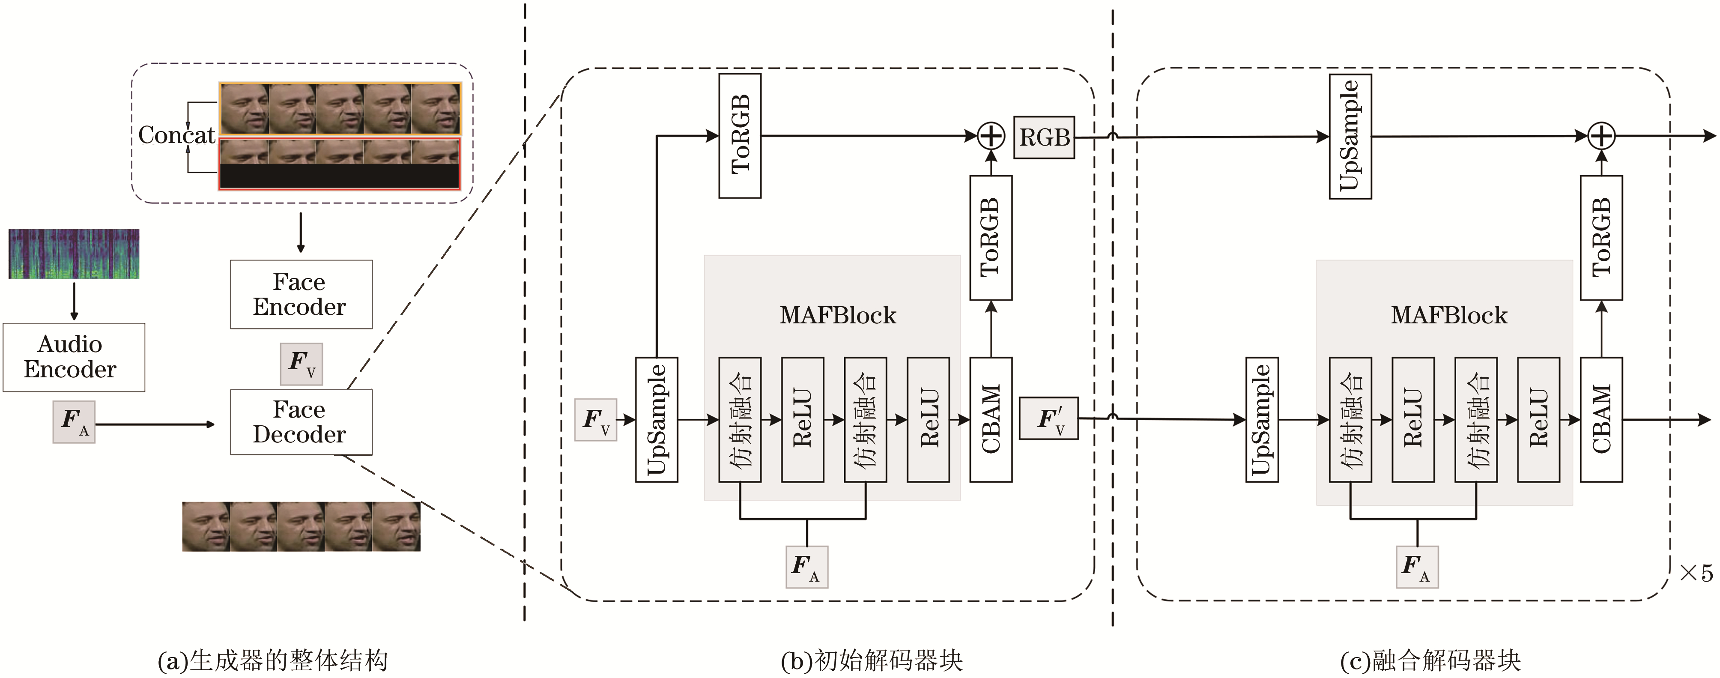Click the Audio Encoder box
click(73, 357)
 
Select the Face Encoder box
click(301, 294)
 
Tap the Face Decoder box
click(301, 421)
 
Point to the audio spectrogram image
click(73, 254)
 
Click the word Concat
click(176, 135)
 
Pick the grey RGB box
click(1044, 137)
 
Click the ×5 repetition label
click(1695, 573)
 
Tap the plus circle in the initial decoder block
click(991, 136)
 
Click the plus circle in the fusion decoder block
click(1601, 136)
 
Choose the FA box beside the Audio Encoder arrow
click(73, 421)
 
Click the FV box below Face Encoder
click(301, 363)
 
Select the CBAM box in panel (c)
click(1601, 419)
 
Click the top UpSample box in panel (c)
click(1350, 136)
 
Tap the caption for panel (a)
click(272, 660)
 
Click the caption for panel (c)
click(1430, 660)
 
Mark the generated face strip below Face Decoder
click(301, 526)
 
